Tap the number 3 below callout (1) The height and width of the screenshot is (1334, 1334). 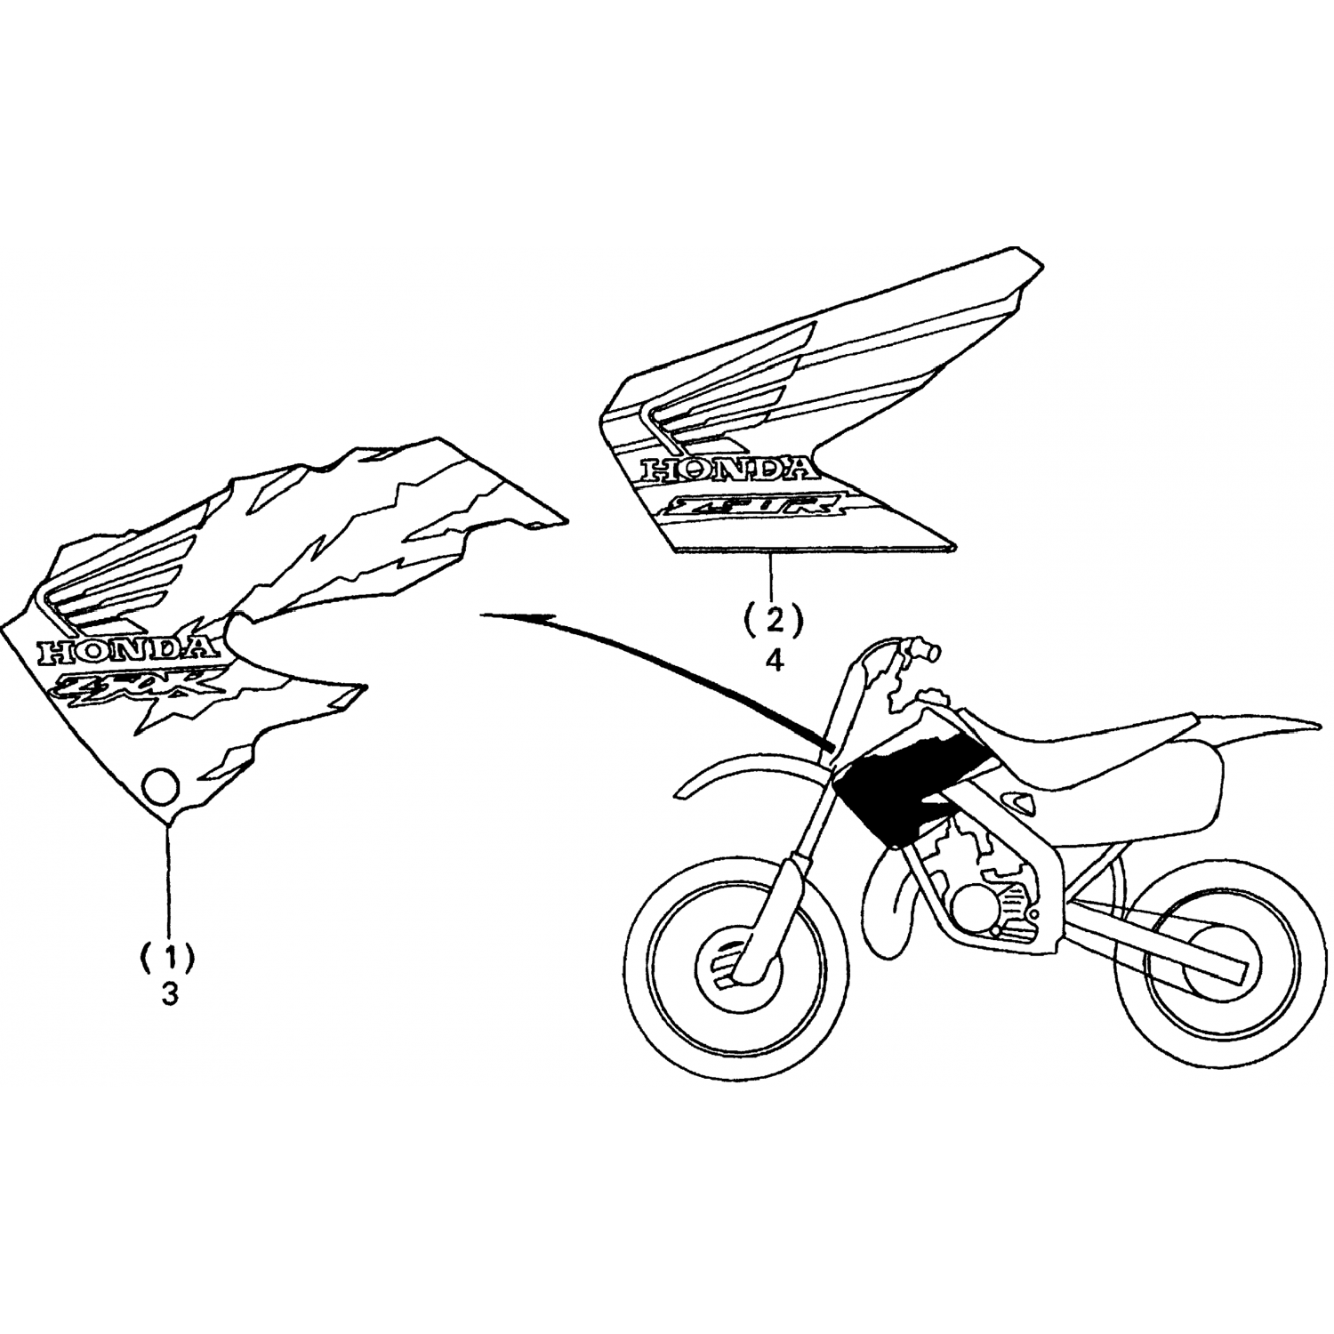click(169, 994)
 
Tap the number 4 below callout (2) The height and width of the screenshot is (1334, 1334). click(775, 661)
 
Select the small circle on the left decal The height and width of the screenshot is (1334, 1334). click(161, 786)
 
